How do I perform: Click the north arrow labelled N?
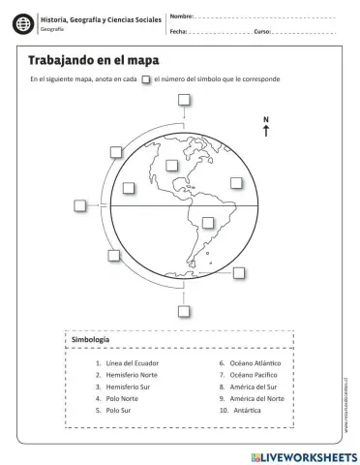(265, 127)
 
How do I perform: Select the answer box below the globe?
(184, 310)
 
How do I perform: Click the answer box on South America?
(207, 222)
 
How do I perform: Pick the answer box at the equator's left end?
(79, 204)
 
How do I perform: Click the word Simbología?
(90, 340)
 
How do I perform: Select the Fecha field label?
(178, 32)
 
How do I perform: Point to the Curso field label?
(262, 32)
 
